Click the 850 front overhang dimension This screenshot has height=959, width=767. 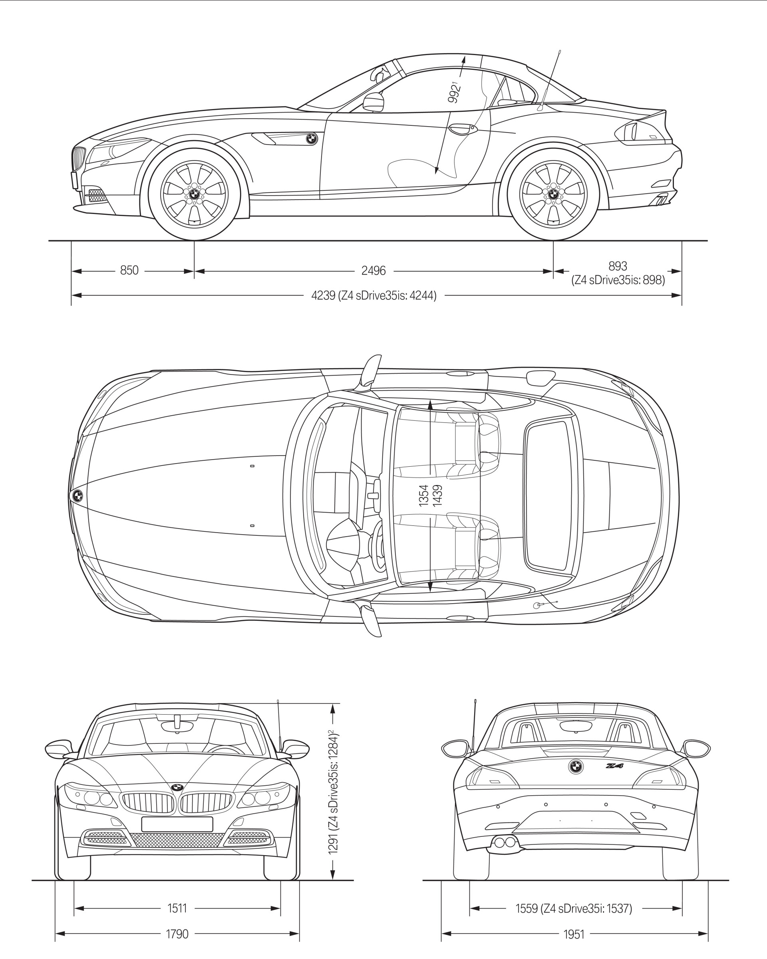pos(129,270)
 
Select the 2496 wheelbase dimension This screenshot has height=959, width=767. pos(373,270)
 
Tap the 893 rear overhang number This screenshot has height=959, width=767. pos(618,266)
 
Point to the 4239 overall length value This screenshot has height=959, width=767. pos(323,295)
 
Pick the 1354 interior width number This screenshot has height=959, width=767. pos(423,495)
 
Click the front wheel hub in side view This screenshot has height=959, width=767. pos(195,194)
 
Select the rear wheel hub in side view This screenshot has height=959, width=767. pos(553,194)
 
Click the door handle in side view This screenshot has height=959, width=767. pos(463,129)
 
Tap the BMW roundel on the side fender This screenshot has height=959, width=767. pos(312,139)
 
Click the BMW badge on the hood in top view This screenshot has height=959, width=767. pos(77,495)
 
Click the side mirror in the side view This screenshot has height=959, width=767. pos(374,102)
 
